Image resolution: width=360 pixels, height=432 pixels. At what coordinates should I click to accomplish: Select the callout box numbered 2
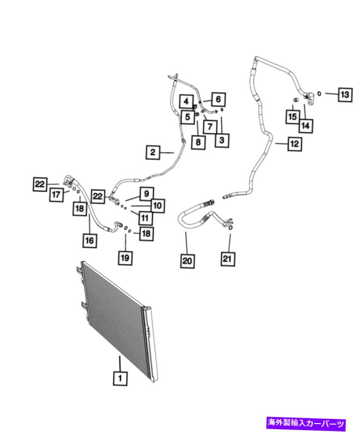pos(153,152)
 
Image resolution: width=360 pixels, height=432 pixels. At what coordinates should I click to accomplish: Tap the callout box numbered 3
pos(222,140)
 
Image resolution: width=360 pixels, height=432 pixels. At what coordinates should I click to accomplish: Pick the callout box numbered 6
pos(218,99)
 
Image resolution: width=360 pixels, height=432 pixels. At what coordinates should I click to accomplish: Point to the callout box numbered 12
pos(295,143)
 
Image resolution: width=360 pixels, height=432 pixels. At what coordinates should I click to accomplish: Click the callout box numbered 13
pos(345,94)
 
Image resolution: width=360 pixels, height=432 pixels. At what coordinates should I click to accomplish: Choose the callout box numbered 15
pos(292,117)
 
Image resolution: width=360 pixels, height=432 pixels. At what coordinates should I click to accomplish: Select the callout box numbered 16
pos(90,240)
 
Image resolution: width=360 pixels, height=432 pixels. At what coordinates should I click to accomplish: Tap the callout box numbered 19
pos(125,258)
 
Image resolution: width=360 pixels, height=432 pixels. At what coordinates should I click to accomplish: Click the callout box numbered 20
pos(187,260)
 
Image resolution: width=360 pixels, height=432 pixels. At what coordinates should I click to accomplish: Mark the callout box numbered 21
pos(227,259)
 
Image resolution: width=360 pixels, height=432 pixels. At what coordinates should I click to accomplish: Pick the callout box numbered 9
pos(147,194)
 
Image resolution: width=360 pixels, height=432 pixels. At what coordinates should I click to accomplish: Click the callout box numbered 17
pos(56,194)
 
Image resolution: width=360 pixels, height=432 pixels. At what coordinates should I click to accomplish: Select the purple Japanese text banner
pos(306,423)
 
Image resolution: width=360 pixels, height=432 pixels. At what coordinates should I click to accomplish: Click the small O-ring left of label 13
pos(319,93)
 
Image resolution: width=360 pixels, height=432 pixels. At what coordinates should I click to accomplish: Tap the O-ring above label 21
pos(230,227)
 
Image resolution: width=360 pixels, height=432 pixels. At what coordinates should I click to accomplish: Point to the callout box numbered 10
pos(157,205)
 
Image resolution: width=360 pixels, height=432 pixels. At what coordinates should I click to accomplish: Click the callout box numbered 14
pos(305,126)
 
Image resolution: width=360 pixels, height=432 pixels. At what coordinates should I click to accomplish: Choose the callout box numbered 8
pos(198,142)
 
